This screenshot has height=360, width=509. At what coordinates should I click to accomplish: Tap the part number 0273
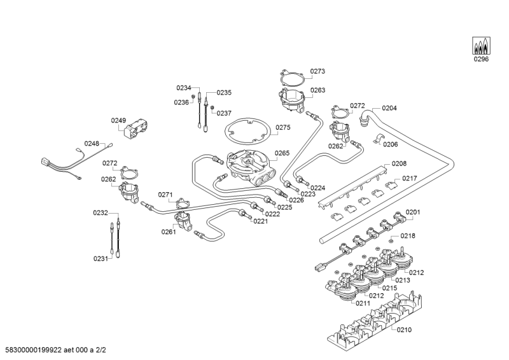click(x=317, y=71)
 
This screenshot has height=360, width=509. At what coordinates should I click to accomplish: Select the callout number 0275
click(x=283, y=127)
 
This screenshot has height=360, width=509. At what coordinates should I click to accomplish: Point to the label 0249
click(x=119, y=120)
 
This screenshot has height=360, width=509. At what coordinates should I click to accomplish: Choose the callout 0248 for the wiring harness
click(x=92, y=144)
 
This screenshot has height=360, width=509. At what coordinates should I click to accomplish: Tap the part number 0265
click(x=282, y=153)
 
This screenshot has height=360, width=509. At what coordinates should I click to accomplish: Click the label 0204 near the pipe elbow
click(x=389, y=108)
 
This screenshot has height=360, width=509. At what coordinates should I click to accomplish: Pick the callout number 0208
click(x=399, y=163)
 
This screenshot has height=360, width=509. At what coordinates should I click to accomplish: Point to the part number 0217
click(x=410, y=179)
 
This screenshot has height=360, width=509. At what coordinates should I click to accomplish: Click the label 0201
click(x=413, y=212)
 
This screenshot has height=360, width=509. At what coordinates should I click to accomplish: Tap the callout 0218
click(x=408, y=235)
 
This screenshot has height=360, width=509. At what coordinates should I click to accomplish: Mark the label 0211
click(x=363, y=303)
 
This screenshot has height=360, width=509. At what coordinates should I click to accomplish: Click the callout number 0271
click(x=165, y=195)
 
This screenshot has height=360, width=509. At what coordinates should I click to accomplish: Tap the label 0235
click(x=224, y=92)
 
